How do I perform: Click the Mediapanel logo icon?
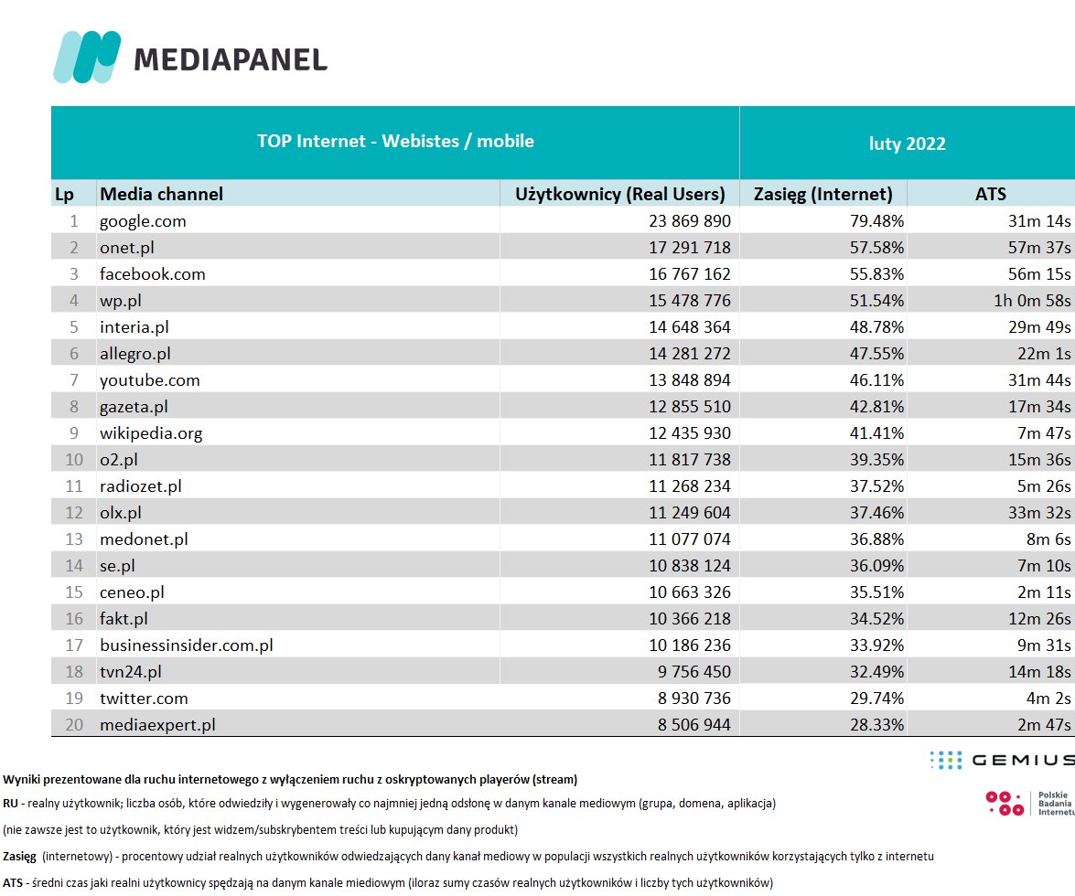click(87, 57)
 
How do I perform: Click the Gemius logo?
click(1001, 760)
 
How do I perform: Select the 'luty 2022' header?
click(907, 144)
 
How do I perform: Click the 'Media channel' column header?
click(161, 194)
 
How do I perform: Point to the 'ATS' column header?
click(990, 194)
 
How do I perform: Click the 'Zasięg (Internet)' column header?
click(822, 194)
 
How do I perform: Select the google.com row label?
click(143, 220)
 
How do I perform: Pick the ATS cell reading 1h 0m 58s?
click(1031, 300)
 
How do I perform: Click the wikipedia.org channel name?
click(151, 432)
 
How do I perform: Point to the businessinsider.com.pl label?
click(187, 645)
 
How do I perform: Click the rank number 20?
click(75, 725)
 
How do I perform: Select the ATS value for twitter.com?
click(1046, 699)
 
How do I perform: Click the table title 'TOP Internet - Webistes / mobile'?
click(395, 142)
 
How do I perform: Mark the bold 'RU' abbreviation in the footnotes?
click(11, 804)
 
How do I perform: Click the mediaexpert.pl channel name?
click(157, 725)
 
